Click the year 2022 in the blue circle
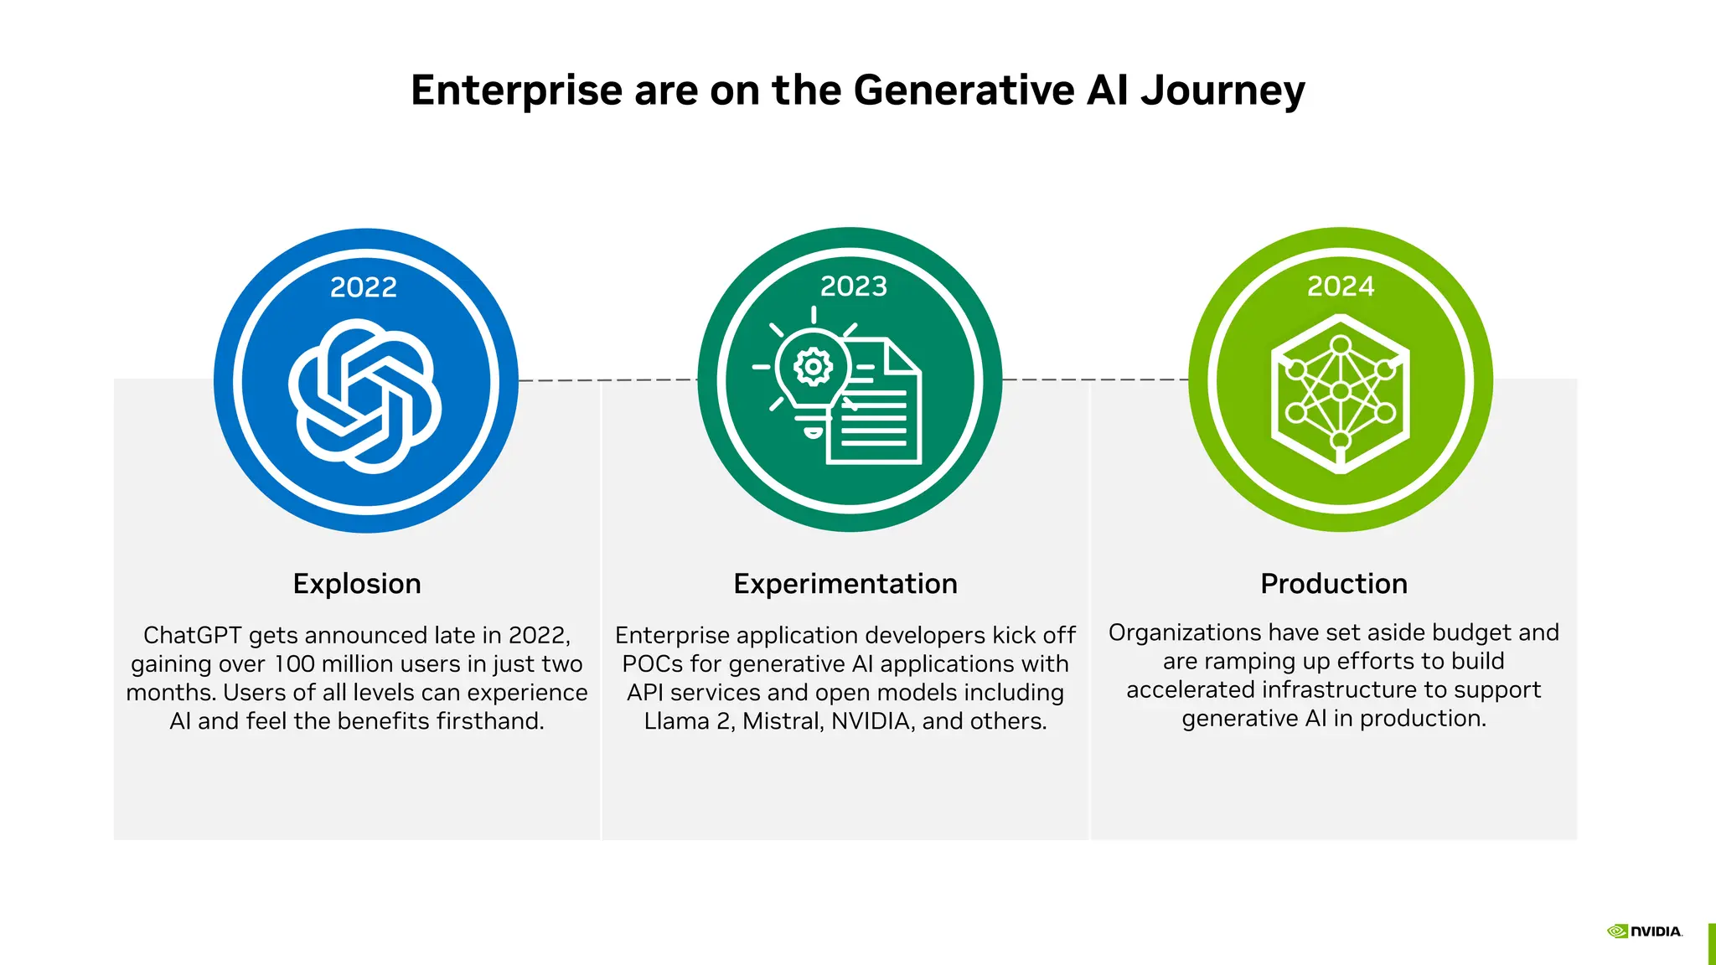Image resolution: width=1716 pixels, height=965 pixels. tap(364, 287)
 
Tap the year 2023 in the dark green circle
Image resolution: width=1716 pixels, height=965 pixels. tap(853, 286)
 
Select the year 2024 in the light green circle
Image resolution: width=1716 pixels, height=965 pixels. tap(1341, 286)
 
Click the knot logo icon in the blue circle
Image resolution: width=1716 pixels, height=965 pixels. tap(365, 396)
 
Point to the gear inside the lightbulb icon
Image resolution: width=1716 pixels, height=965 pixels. tap(813, 367)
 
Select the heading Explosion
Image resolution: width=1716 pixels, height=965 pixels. tap(357, 584)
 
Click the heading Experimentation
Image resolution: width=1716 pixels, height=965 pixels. tap(845, 584)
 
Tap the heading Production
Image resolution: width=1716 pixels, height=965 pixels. tap(1334, 584)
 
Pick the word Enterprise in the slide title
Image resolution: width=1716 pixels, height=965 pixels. tap(516, 90)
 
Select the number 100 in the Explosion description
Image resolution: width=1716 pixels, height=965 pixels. tap(294, 664)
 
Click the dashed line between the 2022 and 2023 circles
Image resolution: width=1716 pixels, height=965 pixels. tap(607, 380)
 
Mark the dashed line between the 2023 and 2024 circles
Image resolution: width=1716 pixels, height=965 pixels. tap(1094, 379)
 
